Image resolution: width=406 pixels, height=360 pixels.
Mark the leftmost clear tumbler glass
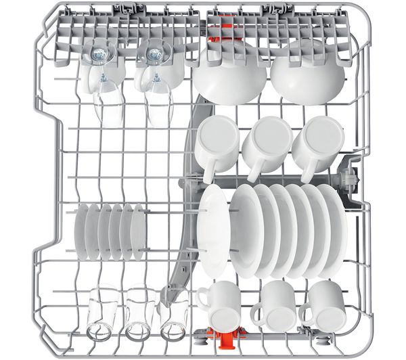[x=103, y=313]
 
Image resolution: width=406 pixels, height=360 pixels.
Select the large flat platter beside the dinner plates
[x=215, y=230]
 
